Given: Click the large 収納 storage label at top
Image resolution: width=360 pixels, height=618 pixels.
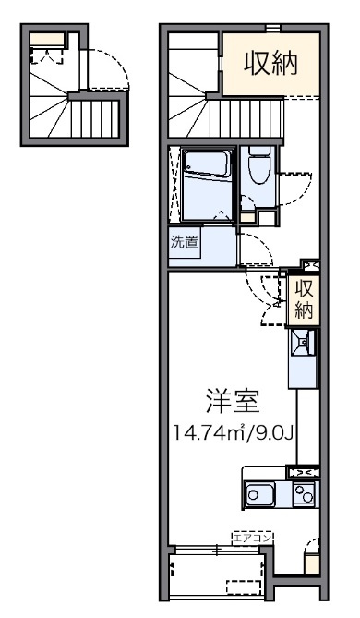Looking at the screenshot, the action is pos(270,64).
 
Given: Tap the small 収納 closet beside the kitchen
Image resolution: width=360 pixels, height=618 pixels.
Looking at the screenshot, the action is pos(304,299).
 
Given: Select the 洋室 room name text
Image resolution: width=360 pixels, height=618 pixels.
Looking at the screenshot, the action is pos(234,401).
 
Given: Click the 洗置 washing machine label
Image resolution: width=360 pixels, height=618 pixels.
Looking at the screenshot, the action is pos(184,242).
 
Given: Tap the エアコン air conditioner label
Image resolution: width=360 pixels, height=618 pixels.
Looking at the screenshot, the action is pos(253,538).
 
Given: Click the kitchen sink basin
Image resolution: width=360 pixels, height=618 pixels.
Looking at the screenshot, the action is pos(258,494).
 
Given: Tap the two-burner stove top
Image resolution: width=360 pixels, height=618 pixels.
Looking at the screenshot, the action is pos(304,494).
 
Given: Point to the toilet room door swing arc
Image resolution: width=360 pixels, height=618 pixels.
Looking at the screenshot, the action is pos(296,188).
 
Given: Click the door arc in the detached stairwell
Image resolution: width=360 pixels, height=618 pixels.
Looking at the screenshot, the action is pos(108,69).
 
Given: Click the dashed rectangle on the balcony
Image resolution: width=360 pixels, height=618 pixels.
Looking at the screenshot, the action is pos(244,587).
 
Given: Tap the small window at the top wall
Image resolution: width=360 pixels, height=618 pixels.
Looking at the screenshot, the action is pos(272,28).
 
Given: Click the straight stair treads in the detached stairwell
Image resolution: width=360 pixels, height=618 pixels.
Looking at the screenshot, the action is pos(94,118).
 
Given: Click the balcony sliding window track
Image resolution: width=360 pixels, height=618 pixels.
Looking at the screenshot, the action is pos(217,550).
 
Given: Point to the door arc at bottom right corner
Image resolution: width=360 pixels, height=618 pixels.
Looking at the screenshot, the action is pos(311,545).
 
